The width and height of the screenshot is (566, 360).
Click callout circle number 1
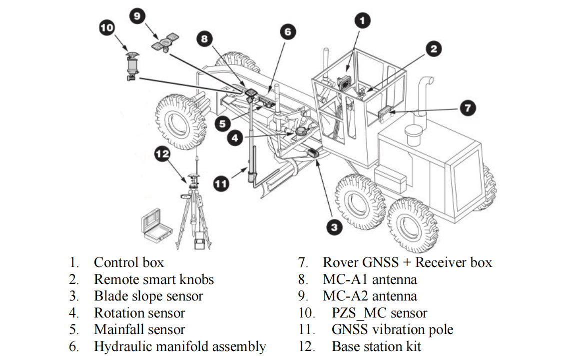[363, 20]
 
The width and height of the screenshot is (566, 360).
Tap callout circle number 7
[468, 108]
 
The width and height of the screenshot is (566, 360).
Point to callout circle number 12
[163, 154]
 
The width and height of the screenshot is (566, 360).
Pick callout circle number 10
[107, 27]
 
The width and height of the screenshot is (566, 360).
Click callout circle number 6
[287, 32]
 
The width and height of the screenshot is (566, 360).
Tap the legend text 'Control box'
[128, 262]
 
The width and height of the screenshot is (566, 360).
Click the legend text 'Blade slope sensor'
[148, 296]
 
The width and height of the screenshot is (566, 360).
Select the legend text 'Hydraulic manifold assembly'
[180, 346]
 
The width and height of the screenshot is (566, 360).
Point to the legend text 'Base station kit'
[376, 346]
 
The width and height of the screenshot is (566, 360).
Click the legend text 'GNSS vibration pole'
[392, 329]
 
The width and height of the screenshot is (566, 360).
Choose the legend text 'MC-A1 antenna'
[370, 279]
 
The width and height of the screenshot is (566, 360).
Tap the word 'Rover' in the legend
[341, 262]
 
